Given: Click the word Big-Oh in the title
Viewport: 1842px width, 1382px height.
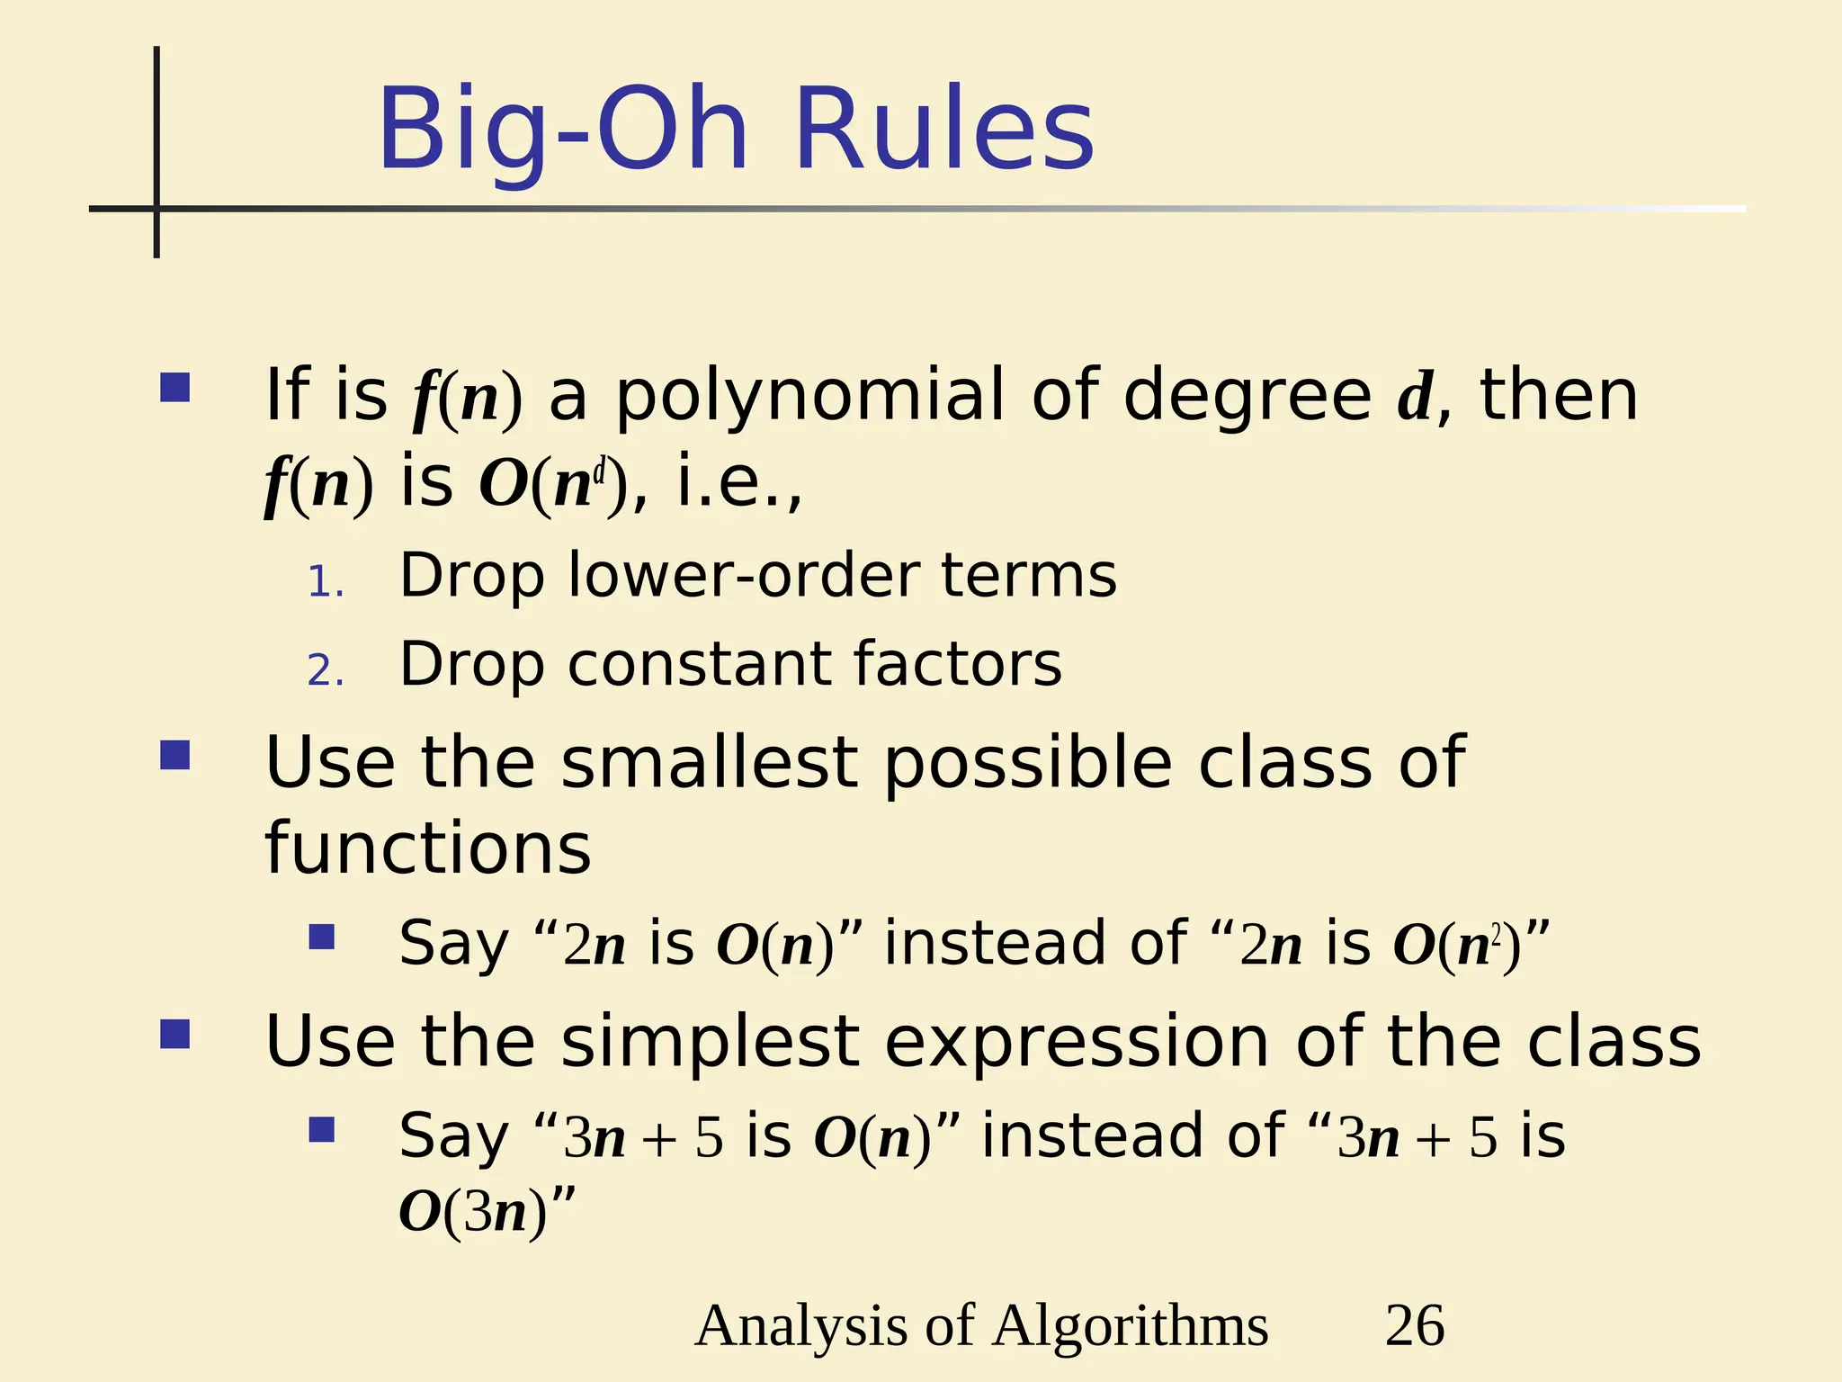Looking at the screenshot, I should tap(562, 130).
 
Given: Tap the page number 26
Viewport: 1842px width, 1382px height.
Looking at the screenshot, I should tap(1415, 1325).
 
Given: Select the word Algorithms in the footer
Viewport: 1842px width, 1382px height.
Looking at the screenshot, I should tap(1131, 1325).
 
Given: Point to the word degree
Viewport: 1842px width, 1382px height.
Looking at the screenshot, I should tap(1247, 396).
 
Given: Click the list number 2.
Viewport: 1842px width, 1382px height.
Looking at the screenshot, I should tap(325, 670).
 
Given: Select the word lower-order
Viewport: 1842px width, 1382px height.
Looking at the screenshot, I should tap(742, 575).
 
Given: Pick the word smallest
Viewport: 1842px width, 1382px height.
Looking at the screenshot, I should tap(709, 763).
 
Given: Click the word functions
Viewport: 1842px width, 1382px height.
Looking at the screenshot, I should tap(428, 848).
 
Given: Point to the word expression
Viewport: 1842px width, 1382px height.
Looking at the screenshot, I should tap(1077, 1041).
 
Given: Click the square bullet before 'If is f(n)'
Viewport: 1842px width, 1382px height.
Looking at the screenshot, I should tap(174, 388).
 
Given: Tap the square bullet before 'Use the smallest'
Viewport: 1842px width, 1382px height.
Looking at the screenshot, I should tap(174, 755).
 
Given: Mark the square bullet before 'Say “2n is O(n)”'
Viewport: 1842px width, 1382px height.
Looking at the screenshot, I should tap(321, 938).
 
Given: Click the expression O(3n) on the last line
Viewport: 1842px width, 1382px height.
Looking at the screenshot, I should tap(473, 1211).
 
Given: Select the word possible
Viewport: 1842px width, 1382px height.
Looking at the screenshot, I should tap(1028, 763).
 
